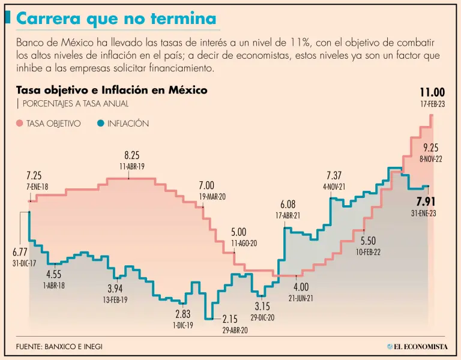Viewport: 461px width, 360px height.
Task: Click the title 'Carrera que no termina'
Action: click(116, 19)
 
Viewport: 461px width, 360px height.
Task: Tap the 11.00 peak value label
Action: click(432, 92)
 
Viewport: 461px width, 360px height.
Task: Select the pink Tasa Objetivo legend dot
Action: click(20, 124)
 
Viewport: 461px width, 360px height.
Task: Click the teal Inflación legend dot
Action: click(100, 124)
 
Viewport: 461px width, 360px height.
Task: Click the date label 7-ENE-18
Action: click(37, 187)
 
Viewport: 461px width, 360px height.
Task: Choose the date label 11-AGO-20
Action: click(244, 243)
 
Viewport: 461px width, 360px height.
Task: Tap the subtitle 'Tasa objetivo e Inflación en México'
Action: click(112, 91)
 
